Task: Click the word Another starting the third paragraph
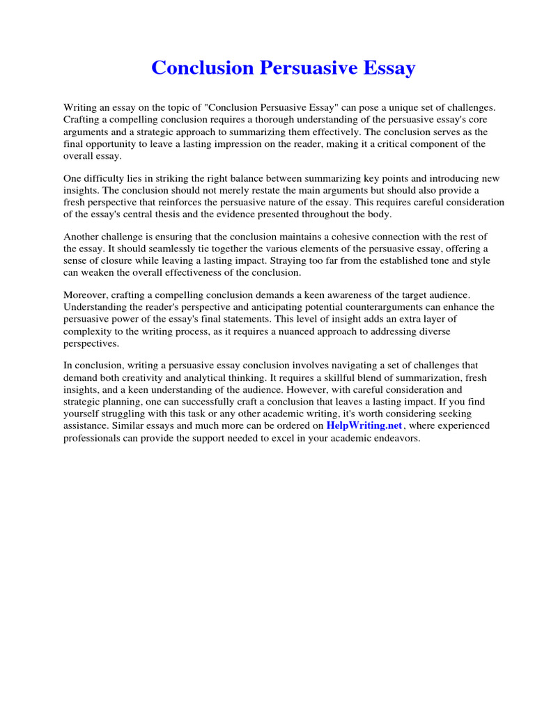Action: (82, 237)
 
